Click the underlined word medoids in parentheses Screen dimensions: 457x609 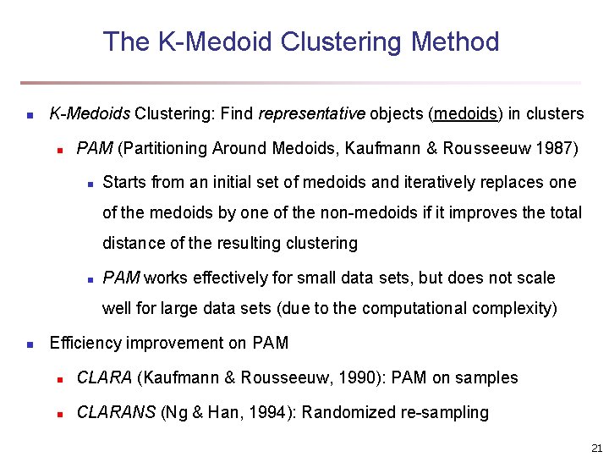click(461, 113)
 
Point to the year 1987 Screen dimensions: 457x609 click(558, 148)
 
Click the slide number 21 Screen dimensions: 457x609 click(596, 447)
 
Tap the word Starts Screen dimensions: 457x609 click(123, 182)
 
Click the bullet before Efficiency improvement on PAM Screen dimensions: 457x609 click(29, 344)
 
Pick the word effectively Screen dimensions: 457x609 click(230, 278)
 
